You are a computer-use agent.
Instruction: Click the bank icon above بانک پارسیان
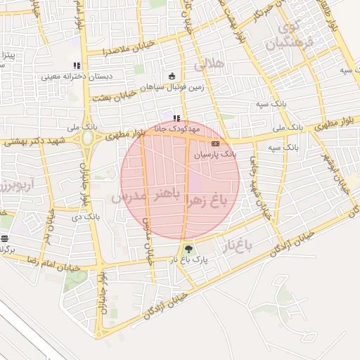(x=214, y=143)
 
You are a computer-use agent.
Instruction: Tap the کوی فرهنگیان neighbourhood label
(x=285, y=37)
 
